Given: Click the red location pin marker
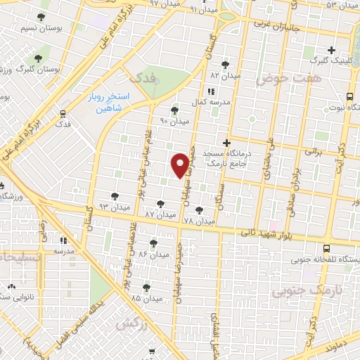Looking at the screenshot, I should click(x=181, y=164).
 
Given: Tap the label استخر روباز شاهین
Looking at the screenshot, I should click(x=106, y=103).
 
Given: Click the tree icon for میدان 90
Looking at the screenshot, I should click(x=174, y=110).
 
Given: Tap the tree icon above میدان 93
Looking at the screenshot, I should click(x=115, y=197).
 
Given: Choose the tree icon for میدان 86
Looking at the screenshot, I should click(x=153, y=243).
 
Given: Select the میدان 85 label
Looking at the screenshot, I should click(x=146, y=298).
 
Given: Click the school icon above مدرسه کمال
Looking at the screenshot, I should click(x=211, y=91).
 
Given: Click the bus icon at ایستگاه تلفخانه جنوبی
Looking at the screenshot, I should click(x=326, y=248).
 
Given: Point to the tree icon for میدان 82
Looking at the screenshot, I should click(x=225, y=64).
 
